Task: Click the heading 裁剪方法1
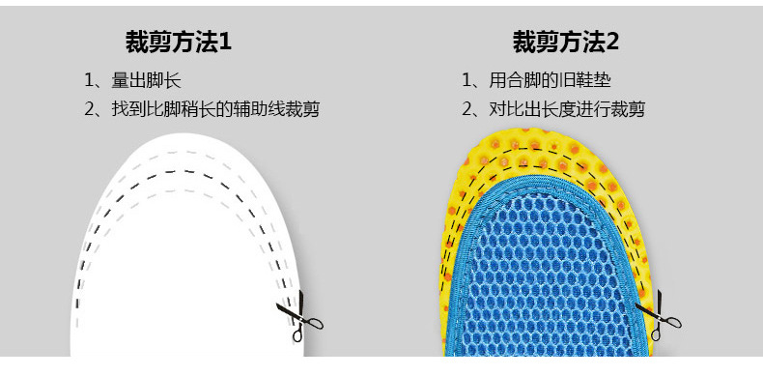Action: pos(179,43)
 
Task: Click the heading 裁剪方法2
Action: pos(565,43)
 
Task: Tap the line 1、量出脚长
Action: pos(133,80)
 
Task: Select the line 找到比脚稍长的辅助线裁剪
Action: pos(215,109)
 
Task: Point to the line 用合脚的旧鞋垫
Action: pos(550,80)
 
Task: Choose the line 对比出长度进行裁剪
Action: pos(567,109)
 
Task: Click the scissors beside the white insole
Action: pos(299,316)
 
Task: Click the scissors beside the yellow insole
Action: pos(659,315)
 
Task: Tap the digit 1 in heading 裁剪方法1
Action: pos(225,43)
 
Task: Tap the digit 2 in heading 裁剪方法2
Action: pos(612,43)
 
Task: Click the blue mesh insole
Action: pos(548,273)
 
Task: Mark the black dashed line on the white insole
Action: pos(185,171)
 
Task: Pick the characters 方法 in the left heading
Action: pos(195,43)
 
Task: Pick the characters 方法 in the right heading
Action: pos(582,43)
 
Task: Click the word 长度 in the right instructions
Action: pos(558,109)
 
